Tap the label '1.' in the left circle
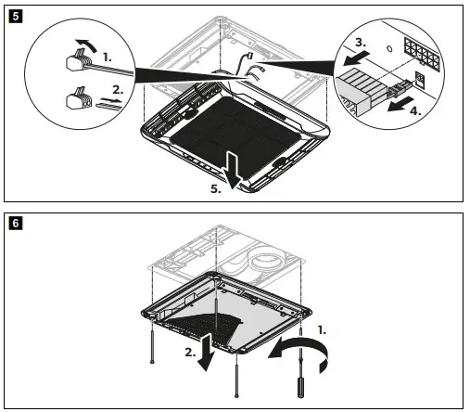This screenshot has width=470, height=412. pyautogui.click(x=108, y=56)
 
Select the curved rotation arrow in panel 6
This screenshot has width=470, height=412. pyautogui.click(x=301, y=353)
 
